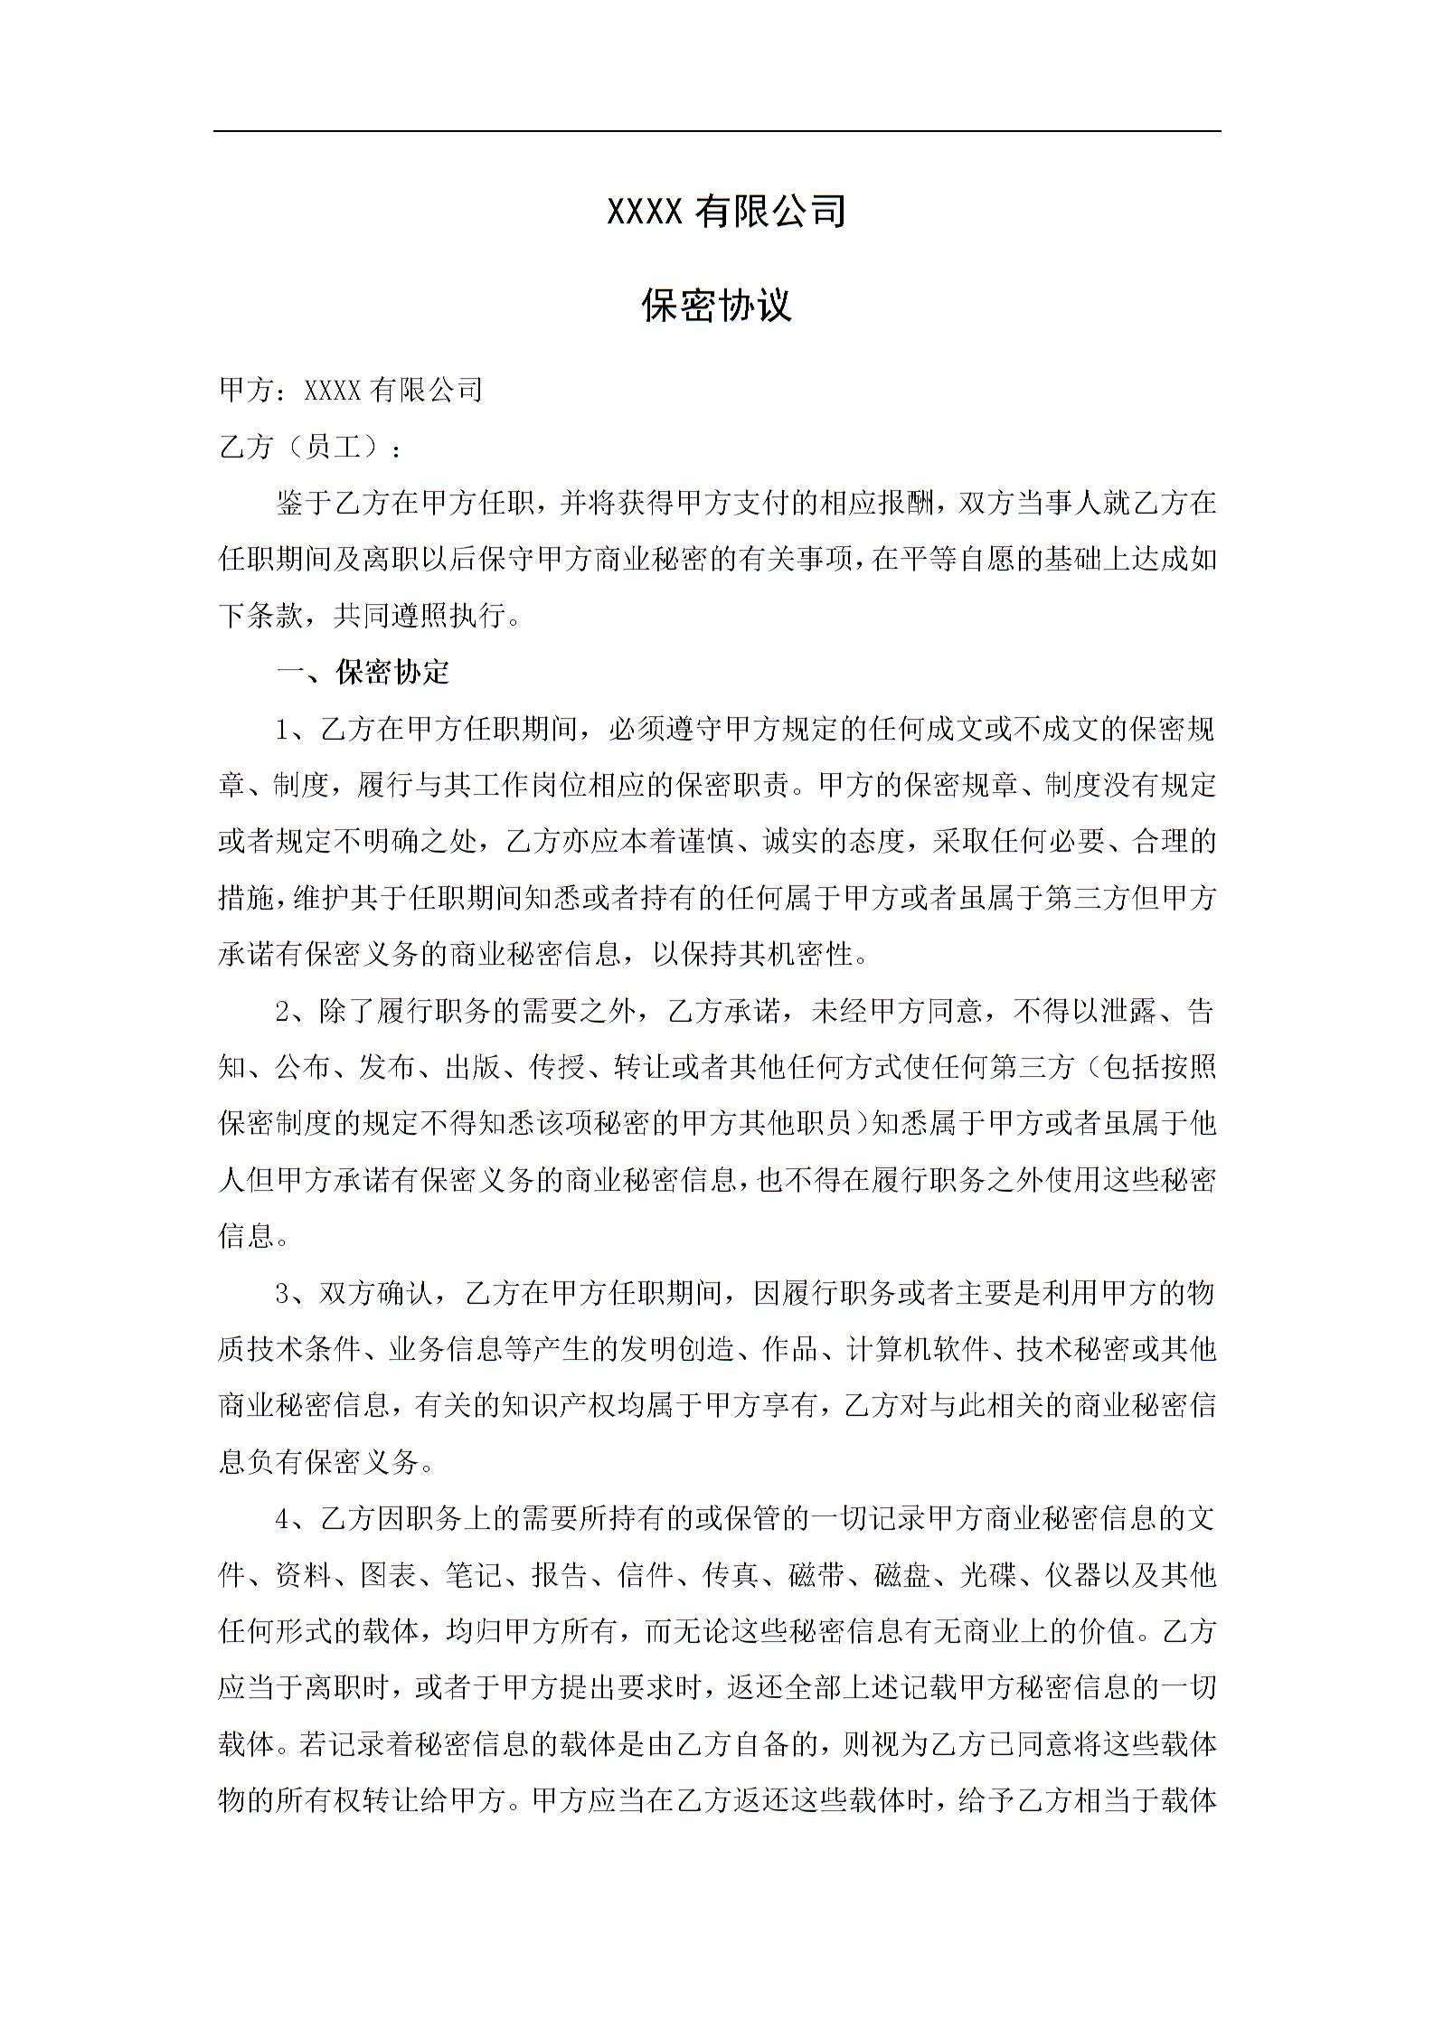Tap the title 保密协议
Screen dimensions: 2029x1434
[x=717, y=306]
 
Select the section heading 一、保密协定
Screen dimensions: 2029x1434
[x=363, y=672]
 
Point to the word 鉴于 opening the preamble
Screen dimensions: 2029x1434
[x=305, y=504]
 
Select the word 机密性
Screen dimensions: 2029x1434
[x=811, y=954]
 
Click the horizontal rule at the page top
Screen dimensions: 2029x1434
[x=717, y=131]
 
